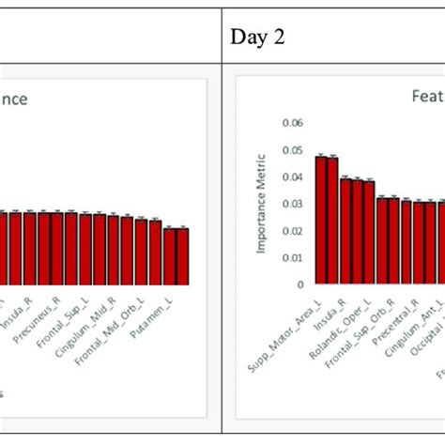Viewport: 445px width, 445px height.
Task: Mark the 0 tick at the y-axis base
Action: [300, 284]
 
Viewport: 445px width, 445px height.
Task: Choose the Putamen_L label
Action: [165, 309]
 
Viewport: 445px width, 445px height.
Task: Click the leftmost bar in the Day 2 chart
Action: [320, 220]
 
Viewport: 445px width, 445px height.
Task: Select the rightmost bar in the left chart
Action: [182, 255]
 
